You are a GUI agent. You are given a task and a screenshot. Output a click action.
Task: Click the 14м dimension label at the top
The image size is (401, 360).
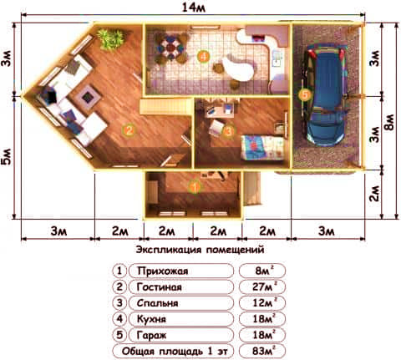[194, 8]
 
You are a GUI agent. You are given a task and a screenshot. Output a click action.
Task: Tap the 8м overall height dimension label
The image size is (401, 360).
[390, 122]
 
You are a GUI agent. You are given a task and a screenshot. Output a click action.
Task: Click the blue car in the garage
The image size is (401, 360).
[325, 95]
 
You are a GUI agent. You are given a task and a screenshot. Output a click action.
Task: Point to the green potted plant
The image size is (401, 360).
[110, 39]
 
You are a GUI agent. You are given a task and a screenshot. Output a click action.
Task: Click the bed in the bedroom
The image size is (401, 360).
[262, 147]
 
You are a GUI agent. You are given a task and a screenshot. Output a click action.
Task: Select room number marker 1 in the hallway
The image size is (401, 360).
[195, 187]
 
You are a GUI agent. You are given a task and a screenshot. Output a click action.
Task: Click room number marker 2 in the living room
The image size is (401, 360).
[129, 129]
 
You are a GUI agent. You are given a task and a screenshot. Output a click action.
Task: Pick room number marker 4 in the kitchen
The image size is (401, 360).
[204, 57]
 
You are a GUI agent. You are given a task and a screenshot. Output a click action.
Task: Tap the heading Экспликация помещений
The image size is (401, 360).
[200, 250]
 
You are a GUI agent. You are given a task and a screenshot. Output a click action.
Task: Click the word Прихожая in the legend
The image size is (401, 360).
[163, 271]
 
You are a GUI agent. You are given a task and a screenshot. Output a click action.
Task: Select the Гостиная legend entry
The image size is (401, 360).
[159, 287]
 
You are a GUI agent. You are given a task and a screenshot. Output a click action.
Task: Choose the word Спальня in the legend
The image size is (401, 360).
[157, 303]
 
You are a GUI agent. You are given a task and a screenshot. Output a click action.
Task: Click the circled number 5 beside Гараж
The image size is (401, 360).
[119, 335]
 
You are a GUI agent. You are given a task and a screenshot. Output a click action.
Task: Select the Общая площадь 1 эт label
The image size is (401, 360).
[175, 352]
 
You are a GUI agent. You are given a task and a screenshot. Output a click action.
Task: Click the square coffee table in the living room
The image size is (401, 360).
[89, 97]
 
